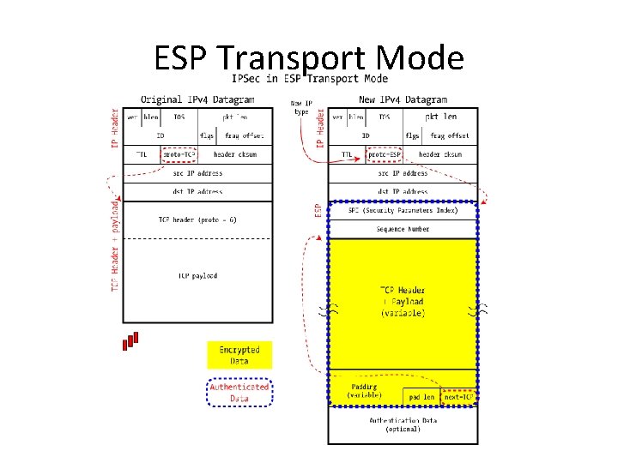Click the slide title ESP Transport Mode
pyautogui.click(x=309, y=58)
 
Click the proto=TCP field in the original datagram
pyautogui.click(x=179, y=154)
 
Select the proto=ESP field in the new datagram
pyautogui.click(x=383, y=154)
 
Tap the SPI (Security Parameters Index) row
pyautogui.click(x=403, y=210)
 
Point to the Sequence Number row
pyautogui.click(x=403, y=229)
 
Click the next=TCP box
pyautogui.click(x=457, y=397)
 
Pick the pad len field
pyautogui.click(x=421, y=397)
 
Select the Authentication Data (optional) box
pyautogui.click(x=403, y=424)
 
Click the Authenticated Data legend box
pyautogui.click(x=239, y=392)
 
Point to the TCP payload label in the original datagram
pyautogui.click(x=198, y=275)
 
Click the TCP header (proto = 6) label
pyautogui.click(x=198, y=219)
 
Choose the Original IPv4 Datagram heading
pyautogui.click(x=197, y=99)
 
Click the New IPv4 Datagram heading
pyautogui.click(x=402, y=99)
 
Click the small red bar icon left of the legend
pyautogui.click(x=130, y=340)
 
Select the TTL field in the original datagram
pyautogui.click(x=141, y=154)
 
